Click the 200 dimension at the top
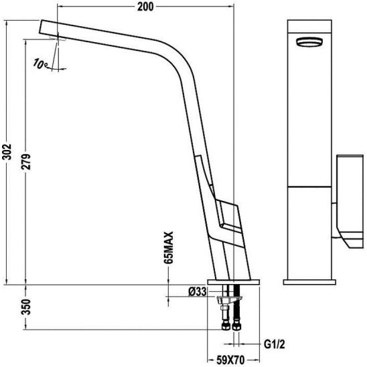pos(145,7)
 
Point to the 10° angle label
pos(40,64)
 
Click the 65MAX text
pos(169,248)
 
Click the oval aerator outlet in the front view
pos(309,42)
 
